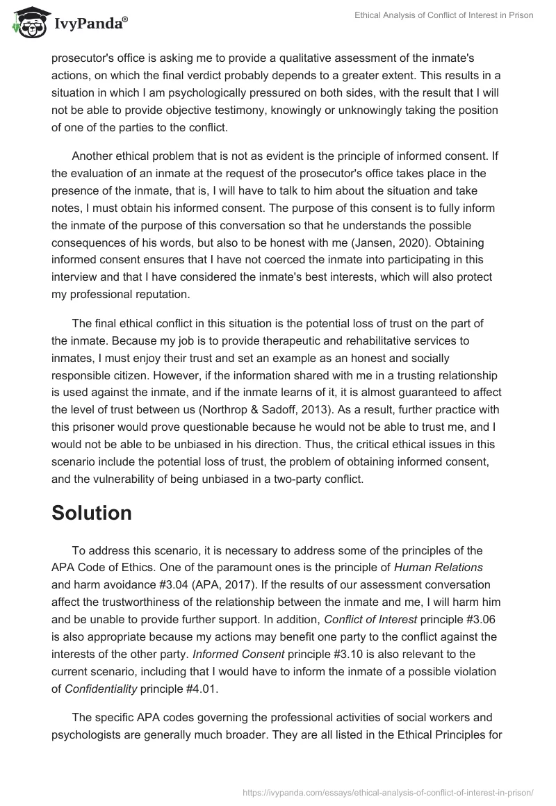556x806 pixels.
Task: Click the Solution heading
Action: [91, 513]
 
